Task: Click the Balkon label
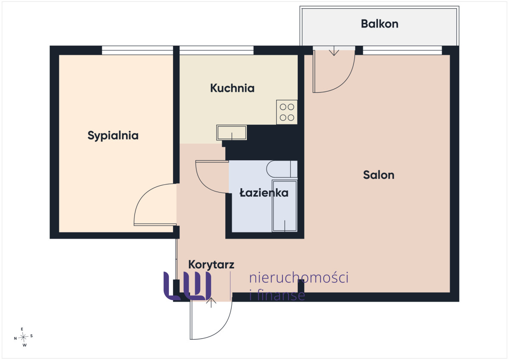point(380,24)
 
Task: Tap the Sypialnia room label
point(113,136)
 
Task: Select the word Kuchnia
point(232,88)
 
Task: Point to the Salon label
point(378,175)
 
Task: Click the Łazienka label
point(264,193)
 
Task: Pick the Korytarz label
point(211,265)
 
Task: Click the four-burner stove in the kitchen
point(287,112)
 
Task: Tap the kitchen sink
point(232,133)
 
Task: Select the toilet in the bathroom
point(282,169)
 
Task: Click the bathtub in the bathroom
point(285,206)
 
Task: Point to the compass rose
point(23,337)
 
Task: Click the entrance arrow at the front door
point(211,302)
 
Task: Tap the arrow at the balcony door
point(334,51)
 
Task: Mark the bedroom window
point(137,50)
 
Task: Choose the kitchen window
point(216,50)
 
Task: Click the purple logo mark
point(187,286)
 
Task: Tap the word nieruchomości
point(299,278)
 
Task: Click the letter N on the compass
point(15,338)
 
